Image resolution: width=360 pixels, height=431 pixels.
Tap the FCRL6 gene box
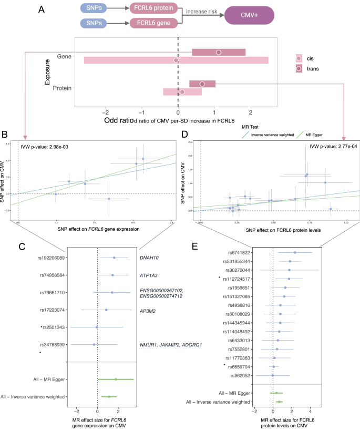coord(157,24)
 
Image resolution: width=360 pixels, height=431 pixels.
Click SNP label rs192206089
coord(50,258)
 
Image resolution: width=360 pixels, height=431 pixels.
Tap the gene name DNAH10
coord(150,258)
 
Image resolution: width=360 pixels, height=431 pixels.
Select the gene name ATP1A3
coord(149,275)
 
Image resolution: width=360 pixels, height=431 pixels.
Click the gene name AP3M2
coord(149,310)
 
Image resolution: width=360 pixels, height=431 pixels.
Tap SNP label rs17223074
coord(52,310)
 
